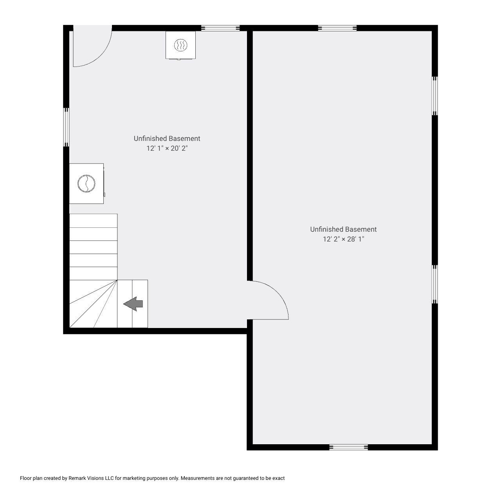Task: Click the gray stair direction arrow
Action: click(x=133, y=304)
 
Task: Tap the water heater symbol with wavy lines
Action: click(x=180, y=45)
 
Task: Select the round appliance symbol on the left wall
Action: click(x=87, y=184)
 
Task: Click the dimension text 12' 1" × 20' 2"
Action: click(x=167, y=148)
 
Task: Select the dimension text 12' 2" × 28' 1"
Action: click(x=343, y=239)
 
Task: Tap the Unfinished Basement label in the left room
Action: click(x=167, y=139)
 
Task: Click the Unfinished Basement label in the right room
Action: click(x=343, y=229)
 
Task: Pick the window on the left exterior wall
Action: click(x=67, y=127)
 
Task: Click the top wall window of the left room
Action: click(x=220, y=28)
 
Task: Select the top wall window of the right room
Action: click(x=337, y=28)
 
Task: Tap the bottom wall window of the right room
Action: click(x=348, y=447)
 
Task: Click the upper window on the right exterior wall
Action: click(x=434, y=96)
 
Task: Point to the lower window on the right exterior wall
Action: click(x=434, y=284)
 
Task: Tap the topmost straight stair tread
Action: click(x=94, y=221)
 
